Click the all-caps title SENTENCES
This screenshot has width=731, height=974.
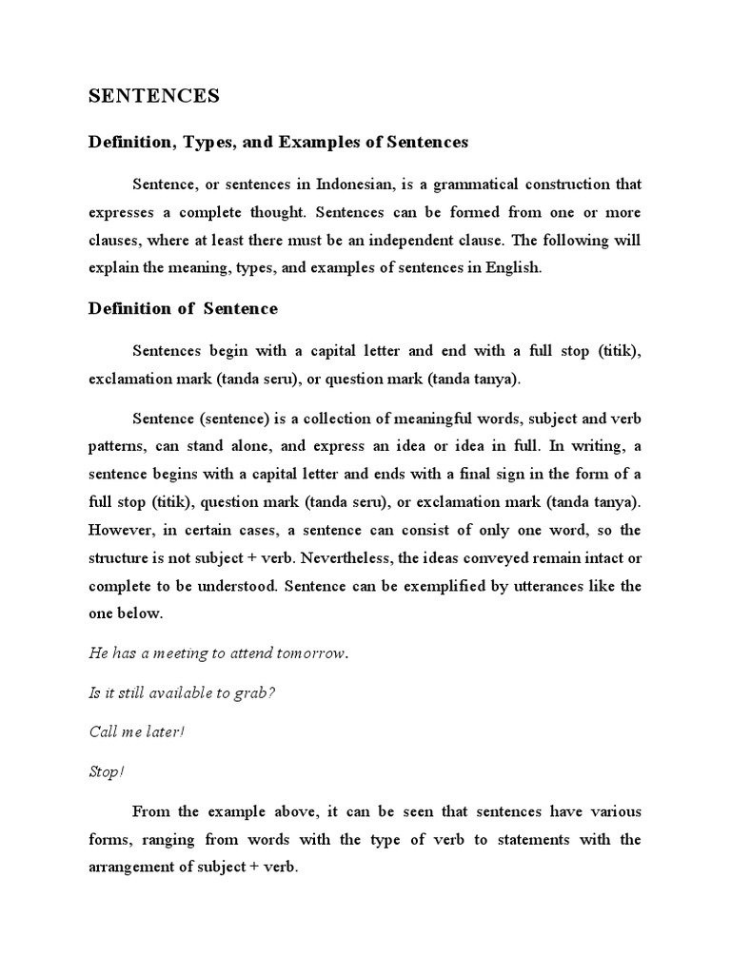(153, 96)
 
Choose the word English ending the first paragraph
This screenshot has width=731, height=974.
(513, 268)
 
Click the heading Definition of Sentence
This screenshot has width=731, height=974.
(183, 308)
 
